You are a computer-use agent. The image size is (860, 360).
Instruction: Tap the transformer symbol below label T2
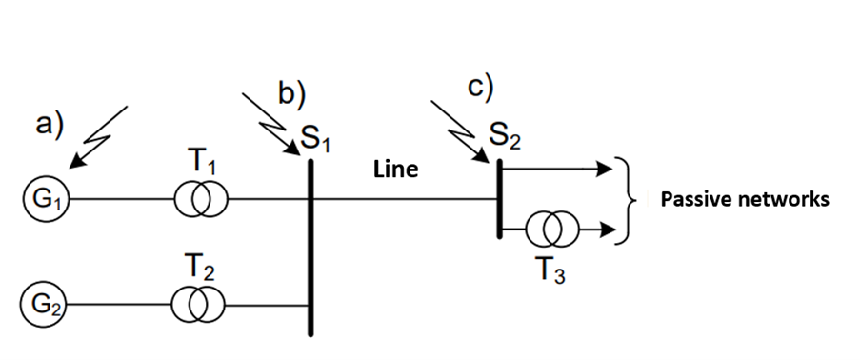pyautogui.click(x=199, y=305)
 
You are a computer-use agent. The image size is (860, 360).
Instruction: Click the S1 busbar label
pyautogui.click(x=315, y=140)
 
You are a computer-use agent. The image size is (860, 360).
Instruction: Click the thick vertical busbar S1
pyautogui.click(x=310, y=248)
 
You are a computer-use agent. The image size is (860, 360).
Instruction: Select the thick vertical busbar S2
pyautogui.click(x=498, y=200)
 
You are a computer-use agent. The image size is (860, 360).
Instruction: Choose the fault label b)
pyautogui.click(x=291, y=93)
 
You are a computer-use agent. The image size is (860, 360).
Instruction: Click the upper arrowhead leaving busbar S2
pyautogui.click(x=602, y=169)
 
